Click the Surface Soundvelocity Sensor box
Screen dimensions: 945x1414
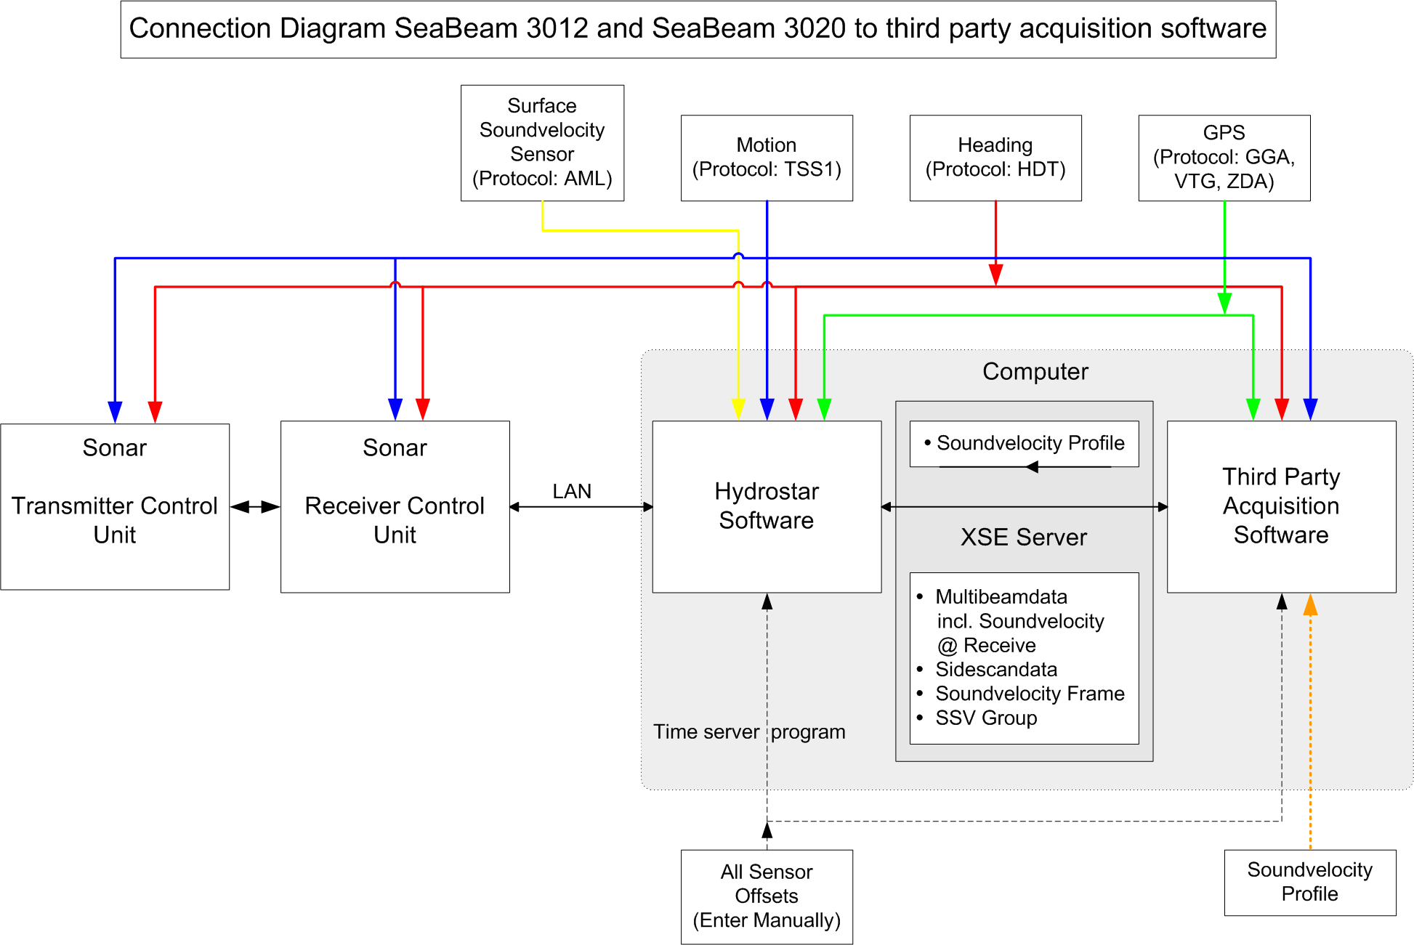coord(542,142)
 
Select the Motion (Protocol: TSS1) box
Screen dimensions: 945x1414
coord(767,158)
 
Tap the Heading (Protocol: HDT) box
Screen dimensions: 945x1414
coord(995,158)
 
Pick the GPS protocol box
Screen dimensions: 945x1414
coord(1224,158)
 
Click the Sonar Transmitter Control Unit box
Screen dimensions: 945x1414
coord(115,506)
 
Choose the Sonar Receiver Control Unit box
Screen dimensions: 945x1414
coord(395,506)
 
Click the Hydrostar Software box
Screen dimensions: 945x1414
coord(767,506)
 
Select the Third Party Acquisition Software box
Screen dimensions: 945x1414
coord(1281,506)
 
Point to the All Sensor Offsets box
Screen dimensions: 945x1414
coord(767,896)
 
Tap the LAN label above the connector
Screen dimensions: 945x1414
coord(572,492)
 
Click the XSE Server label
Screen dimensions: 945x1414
coord(1024,538)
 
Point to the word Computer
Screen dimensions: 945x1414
coord(1035,372)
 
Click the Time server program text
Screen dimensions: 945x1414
coord(748,732)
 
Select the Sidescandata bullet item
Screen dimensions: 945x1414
coord(995,670)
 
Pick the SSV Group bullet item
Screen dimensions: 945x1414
coord(986,718)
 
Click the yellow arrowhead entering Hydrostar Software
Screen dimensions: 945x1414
coord(738,410)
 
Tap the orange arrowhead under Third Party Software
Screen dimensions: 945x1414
coord(1310,604)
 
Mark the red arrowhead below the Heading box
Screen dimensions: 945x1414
coord(995,275)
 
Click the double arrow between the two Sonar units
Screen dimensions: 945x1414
coord(255,507)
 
